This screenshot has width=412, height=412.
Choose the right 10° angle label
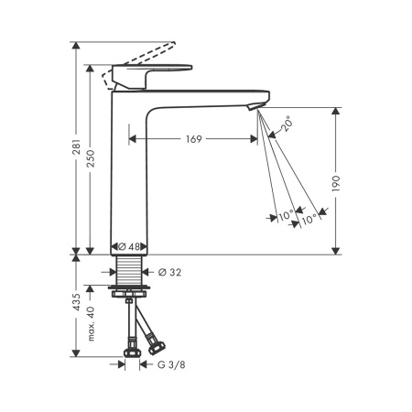point(310,217)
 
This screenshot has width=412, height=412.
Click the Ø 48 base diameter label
point(128,246)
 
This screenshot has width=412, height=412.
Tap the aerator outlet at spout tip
point(256,109)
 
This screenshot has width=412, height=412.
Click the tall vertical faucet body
point(128,174)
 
